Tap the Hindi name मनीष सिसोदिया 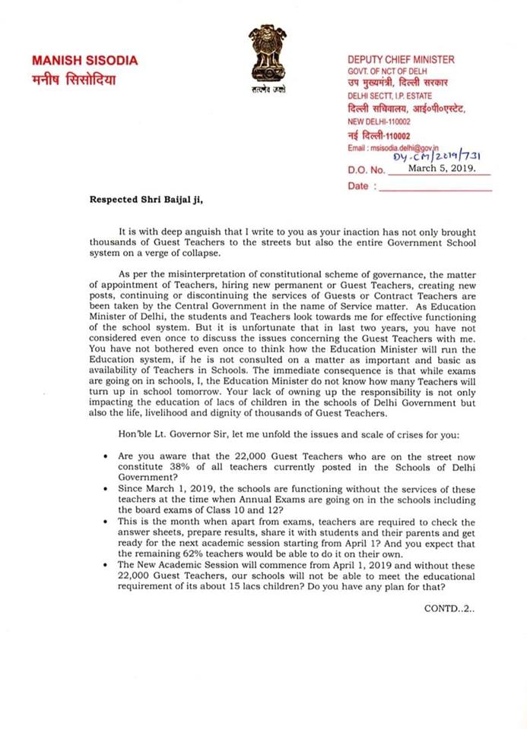click(x=73, y=79)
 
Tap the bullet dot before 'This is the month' click(x=103, y=523)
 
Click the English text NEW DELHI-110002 click(x=379, y=121)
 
